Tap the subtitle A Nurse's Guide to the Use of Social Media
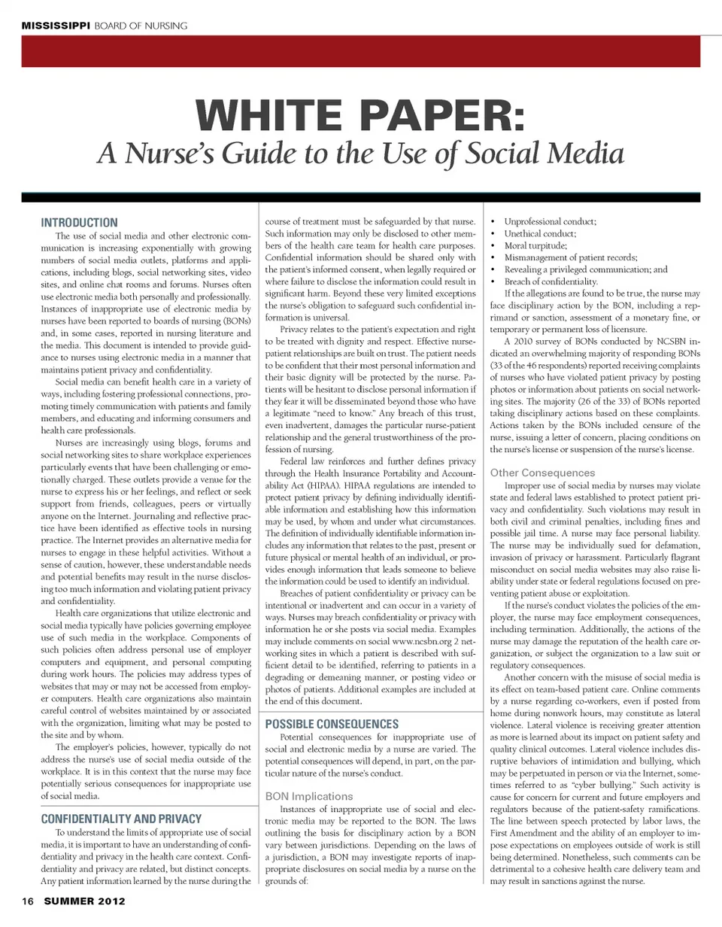[x=360, y=153]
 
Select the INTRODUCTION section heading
[x=79, y=223]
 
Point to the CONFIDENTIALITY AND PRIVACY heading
[x=121, y=819]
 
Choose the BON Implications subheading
[x=309, y=795]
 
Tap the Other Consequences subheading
[x=542, y=473]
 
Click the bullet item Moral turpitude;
[x=535, y=245]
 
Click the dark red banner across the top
[x=360, y=51]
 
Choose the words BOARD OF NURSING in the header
[x=141, y=26]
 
